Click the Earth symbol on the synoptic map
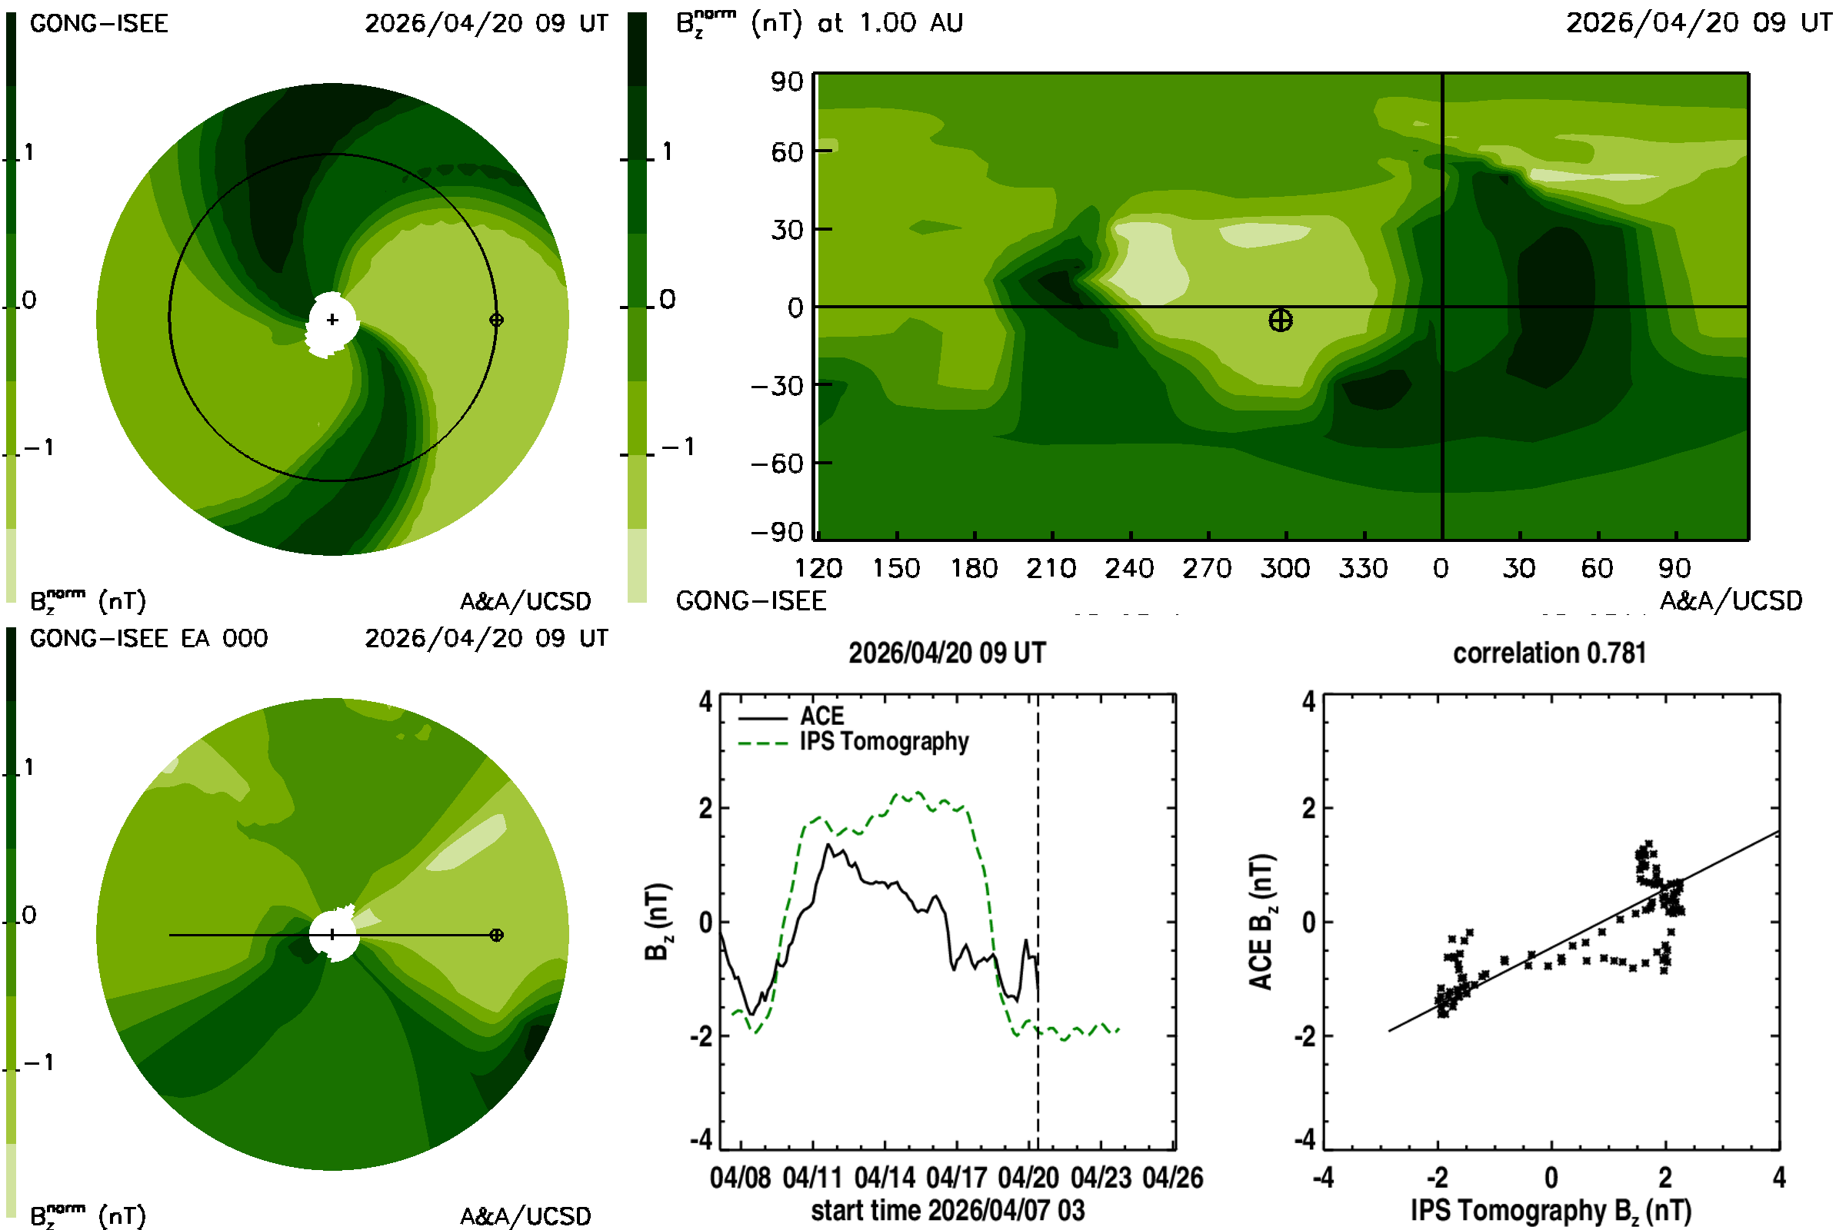tap(1280, 320)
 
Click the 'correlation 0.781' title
tap(1549, 653)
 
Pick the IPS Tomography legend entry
tap(884, 741)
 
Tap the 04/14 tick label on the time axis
tap(885, 1178)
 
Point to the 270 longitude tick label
tap(1207, 568)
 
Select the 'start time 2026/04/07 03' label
tap(948, 1210)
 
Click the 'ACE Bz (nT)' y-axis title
tap(1261, 922)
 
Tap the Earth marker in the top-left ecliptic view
tap(496, 320)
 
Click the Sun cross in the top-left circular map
tap(333, 319)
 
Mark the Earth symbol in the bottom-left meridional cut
tap(496, 935)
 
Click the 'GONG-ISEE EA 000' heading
tap(148, 639)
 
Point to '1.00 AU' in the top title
tap(911, 23)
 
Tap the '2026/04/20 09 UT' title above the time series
tap(948, 653)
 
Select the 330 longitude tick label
tap(1363, 568)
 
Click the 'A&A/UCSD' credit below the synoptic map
tap(1731, 601)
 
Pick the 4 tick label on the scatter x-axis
tap(1779, 1178)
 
